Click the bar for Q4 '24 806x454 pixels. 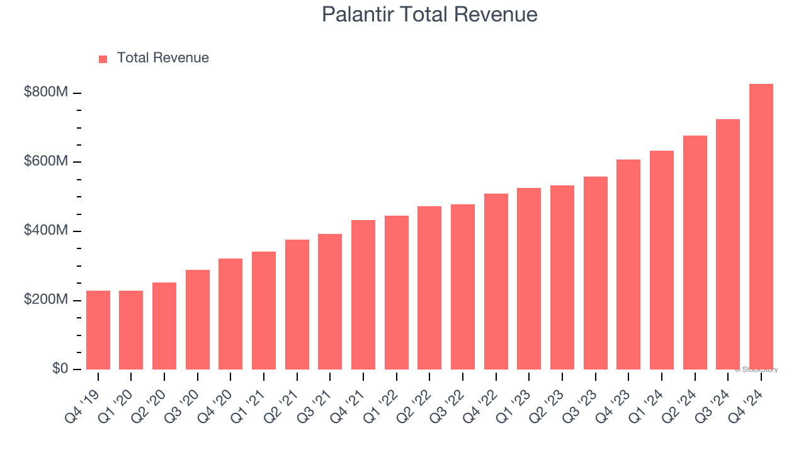(x=761, y=226)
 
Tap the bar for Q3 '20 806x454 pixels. (x=198, y=320)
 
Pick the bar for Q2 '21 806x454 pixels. (x=297, y=305)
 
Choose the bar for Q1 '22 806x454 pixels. (x=397, y=293)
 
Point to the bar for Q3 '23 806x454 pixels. (x=596, y=273)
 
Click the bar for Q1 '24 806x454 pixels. (x=662, y=260)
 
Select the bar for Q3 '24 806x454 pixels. (x=728, y=244)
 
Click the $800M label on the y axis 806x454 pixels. (x=46, y=93)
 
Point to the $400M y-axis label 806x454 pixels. (x=46, y=231)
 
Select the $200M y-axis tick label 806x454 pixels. (x=46, y=300)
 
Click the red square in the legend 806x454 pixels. (x=103, y=59)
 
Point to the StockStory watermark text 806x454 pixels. (x=756, y=370)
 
